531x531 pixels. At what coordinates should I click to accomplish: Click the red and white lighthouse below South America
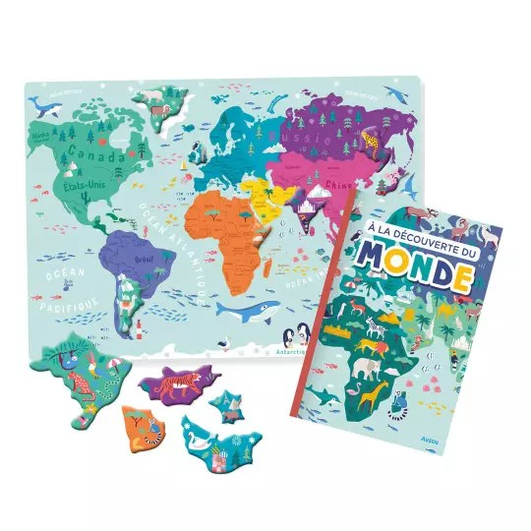pyautogui.click(x=141, y=325)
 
